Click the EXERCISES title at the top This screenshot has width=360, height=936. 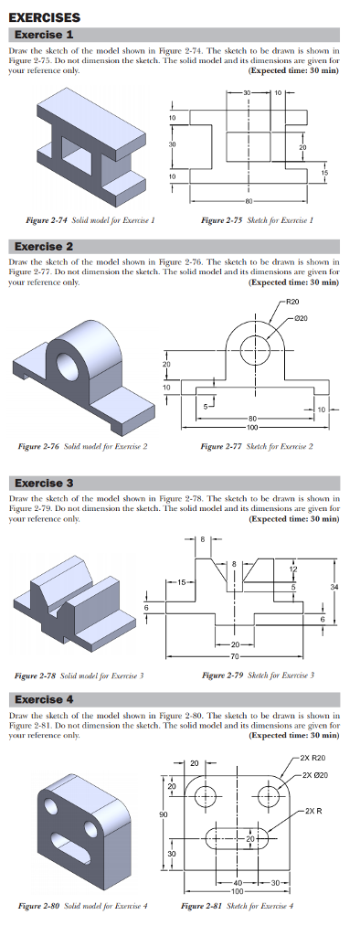(x=44, y=16)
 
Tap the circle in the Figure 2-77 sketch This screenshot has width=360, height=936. (x=255, y=347)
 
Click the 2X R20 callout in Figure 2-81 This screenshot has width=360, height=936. (x=317, y=758)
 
